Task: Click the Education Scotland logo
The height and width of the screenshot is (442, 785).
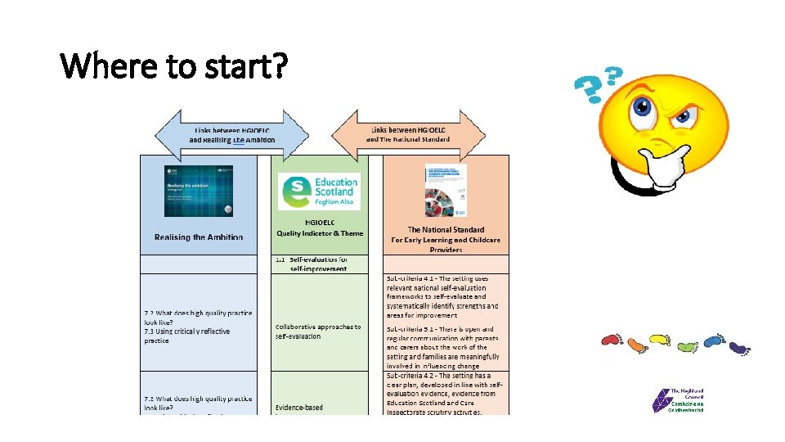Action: (319, 192)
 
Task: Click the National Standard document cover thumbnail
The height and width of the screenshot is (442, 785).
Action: (446, 190)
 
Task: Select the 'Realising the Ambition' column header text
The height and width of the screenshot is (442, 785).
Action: (199, 237)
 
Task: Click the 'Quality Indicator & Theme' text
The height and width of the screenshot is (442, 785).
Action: (319, 233)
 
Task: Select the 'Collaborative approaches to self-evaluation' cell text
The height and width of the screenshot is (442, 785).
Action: (318, 331)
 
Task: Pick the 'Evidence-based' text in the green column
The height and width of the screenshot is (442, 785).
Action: (299, 408)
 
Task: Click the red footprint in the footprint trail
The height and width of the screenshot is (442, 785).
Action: (609, 340)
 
